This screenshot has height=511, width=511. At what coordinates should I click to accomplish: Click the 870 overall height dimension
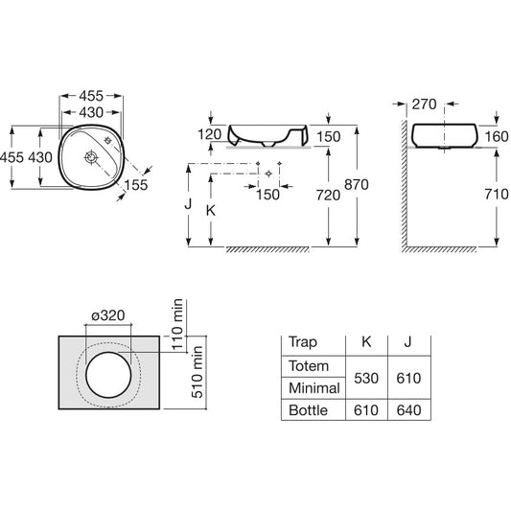[x=357, y=185]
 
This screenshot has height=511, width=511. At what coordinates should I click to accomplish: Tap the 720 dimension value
[x=328, y=196]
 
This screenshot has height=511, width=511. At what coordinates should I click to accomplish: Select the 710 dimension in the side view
[x=497, y=195]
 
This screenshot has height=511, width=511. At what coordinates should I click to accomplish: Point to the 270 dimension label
[x=424, y=105]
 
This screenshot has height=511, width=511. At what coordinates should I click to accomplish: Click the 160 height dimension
[x=497, y=136]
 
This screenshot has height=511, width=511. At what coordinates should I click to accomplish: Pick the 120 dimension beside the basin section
[x=210, y=134]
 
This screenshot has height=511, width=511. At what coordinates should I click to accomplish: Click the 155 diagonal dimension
[x=136, y=185]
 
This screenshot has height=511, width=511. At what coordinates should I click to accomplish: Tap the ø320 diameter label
[x=108, y=315]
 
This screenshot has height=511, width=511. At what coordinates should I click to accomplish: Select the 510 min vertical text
[x=197, y=372]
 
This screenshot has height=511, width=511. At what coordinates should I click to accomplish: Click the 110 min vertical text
[x=177, y=324]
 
